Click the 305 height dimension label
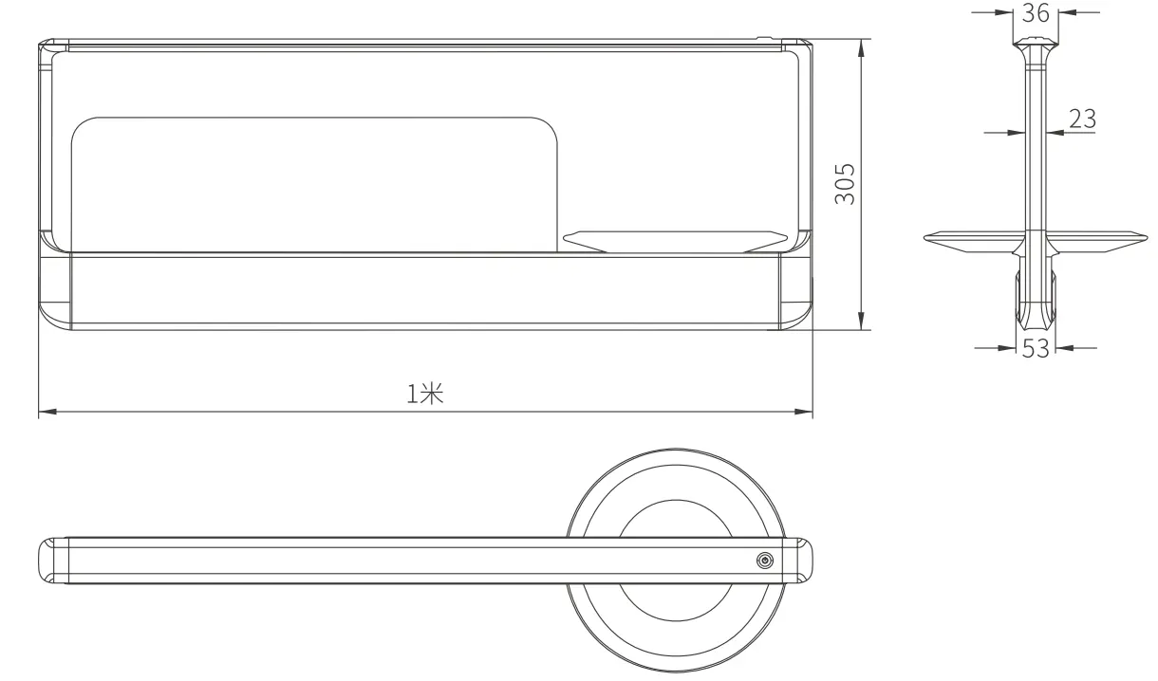844,184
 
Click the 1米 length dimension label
425,394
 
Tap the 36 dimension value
1036,13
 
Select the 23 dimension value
1082,120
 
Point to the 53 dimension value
1036,349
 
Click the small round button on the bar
765,561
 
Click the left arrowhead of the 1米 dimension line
47,412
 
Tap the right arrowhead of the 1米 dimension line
803,412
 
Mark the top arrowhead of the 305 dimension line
861,48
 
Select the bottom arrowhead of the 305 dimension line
861,321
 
